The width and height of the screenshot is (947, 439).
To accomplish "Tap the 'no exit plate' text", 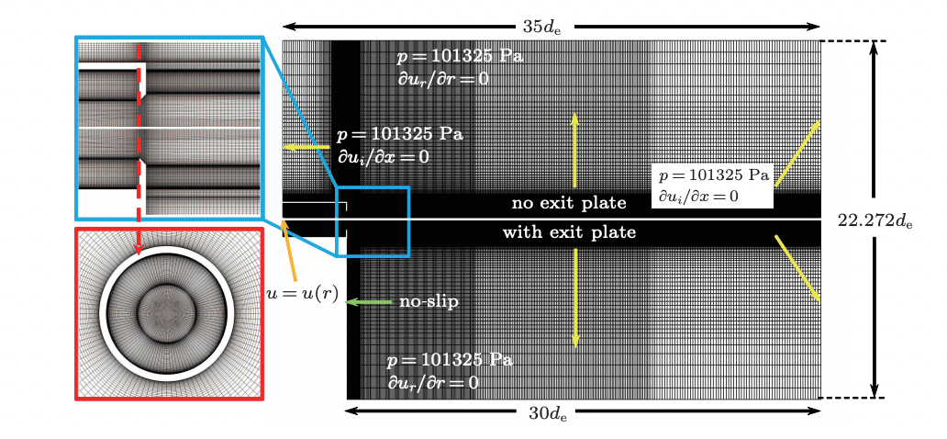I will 568,203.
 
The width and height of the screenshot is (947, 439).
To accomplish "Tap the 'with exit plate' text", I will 568,233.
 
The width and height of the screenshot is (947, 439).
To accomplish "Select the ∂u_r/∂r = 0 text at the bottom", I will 432,382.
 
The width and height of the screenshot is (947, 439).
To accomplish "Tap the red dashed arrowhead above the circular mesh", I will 138,246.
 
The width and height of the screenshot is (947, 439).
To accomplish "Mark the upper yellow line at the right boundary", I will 797,153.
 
